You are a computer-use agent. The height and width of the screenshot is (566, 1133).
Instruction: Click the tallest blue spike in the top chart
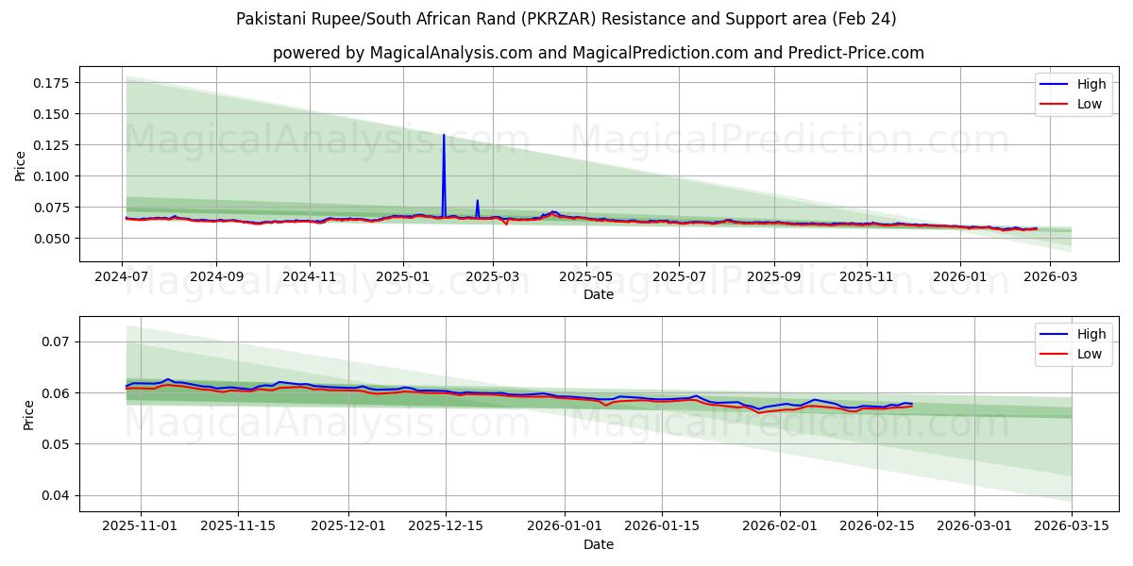coord(444,137)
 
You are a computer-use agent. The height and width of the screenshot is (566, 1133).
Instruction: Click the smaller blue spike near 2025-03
coord(478,202)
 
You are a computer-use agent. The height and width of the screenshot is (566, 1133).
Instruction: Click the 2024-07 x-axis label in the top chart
coord(122,276)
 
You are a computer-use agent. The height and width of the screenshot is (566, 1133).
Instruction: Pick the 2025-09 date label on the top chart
coord(773,276)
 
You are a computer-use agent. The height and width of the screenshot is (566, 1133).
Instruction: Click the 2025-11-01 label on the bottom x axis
coord(141,525)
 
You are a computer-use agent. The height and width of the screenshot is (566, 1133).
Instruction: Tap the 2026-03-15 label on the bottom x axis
coord(1072,525)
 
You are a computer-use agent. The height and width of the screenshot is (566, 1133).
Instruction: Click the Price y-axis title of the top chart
coord(21,165)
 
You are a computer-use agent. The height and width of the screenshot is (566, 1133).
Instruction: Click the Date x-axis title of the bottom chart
coord(598,544)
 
